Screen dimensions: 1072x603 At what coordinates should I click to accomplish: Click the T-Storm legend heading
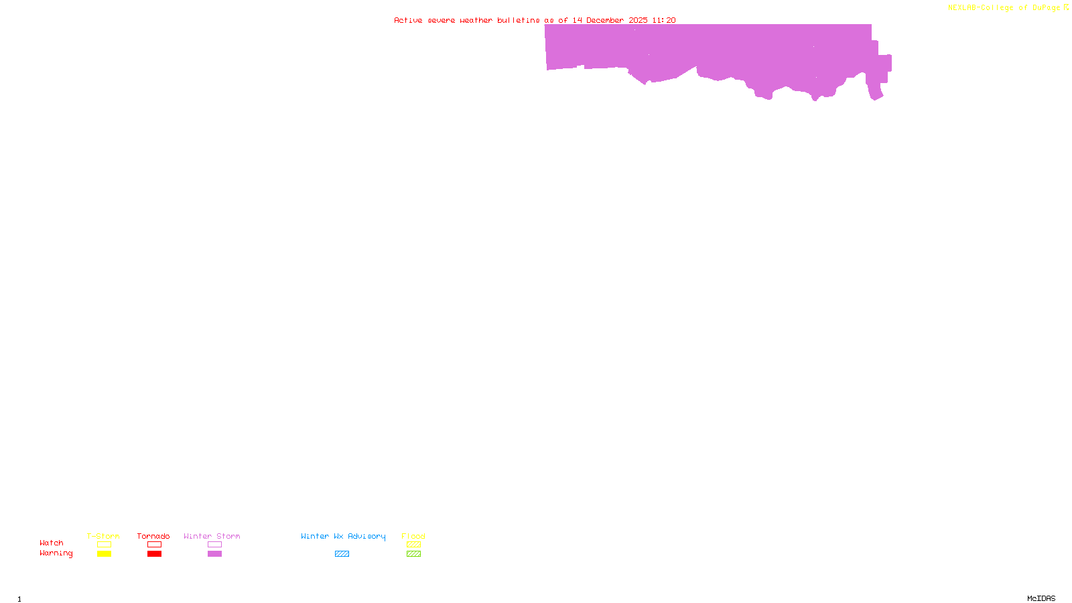[103, 536]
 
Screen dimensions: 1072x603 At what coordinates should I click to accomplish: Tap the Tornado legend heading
[153, 536]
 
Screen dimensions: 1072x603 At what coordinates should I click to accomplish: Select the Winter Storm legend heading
[212, 536]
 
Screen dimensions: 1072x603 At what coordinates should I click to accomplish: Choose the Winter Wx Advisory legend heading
[343, 536]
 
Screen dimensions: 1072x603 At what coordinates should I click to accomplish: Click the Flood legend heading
[413, 536]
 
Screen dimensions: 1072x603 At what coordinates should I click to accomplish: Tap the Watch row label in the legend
[52, 543]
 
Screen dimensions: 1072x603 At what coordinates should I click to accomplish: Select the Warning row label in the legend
[56, 553]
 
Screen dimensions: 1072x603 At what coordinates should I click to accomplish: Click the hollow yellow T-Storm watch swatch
[104, 545]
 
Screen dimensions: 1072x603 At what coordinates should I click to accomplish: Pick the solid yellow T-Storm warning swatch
[104, 554]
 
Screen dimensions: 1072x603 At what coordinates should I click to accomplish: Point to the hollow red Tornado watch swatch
[154, 545]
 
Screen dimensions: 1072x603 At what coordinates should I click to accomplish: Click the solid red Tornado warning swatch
[154, 554]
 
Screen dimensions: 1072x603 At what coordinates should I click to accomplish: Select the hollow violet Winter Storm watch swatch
[214, 545]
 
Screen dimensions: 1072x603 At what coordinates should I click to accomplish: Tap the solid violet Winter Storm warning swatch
[214, 554]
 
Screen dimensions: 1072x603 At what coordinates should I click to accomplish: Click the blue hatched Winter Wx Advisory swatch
[342, 554]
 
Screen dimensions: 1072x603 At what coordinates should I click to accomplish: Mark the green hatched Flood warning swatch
[413, 554]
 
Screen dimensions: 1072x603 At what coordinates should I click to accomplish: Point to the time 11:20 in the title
[663, 20]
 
